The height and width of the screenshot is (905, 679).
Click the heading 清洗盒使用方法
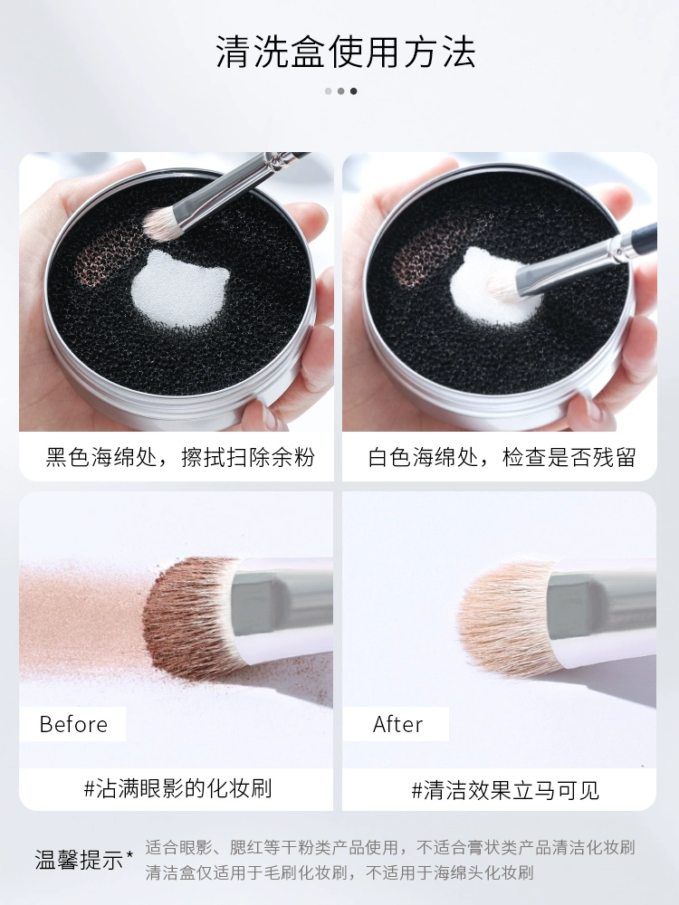coord(346,52)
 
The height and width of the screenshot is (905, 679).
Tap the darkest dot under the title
coord(353,90)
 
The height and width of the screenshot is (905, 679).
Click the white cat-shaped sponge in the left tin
coord(179,289)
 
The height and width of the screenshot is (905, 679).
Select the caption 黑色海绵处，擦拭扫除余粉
coord(179,457)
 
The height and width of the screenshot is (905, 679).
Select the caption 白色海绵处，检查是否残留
coord(502,457)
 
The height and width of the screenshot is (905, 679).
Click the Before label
coord(73,724)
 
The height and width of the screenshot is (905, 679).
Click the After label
coord(397,724)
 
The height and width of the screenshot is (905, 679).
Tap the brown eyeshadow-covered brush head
coord(189,617)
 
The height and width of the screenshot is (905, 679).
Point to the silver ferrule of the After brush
coord(600,606)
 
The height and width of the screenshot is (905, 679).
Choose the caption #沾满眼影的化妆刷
coord(177,788)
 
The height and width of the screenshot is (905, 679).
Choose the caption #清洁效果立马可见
coord(505,789)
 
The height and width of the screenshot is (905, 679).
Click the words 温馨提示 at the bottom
coord(80,860)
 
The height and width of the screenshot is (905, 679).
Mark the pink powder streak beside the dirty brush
coord(81,617)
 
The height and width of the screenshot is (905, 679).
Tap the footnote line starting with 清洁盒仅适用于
coord(339,872)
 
